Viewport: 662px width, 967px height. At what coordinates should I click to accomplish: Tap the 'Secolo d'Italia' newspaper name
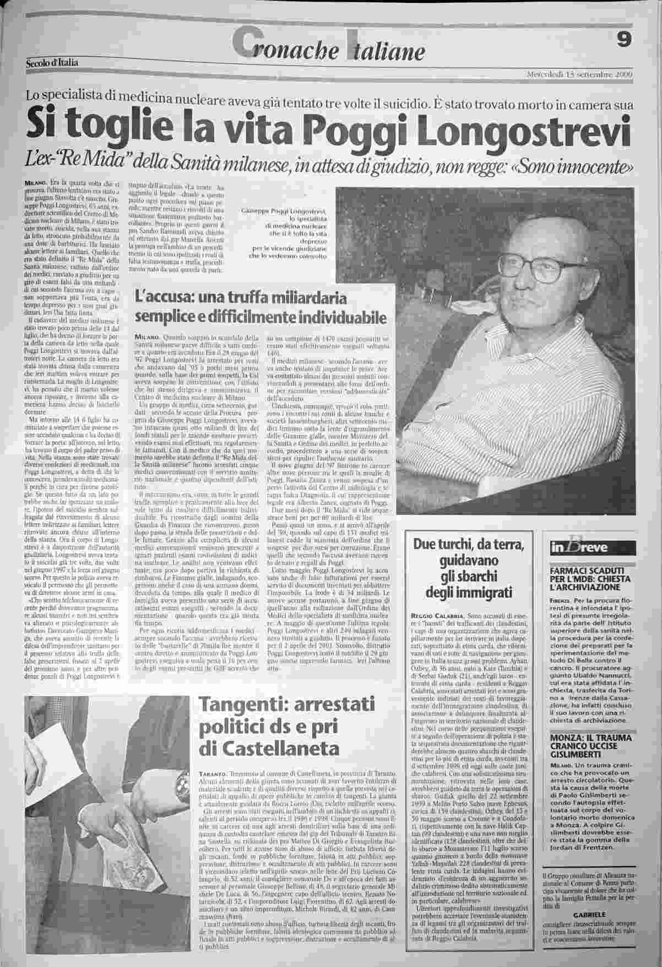[x=52, y=62]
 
